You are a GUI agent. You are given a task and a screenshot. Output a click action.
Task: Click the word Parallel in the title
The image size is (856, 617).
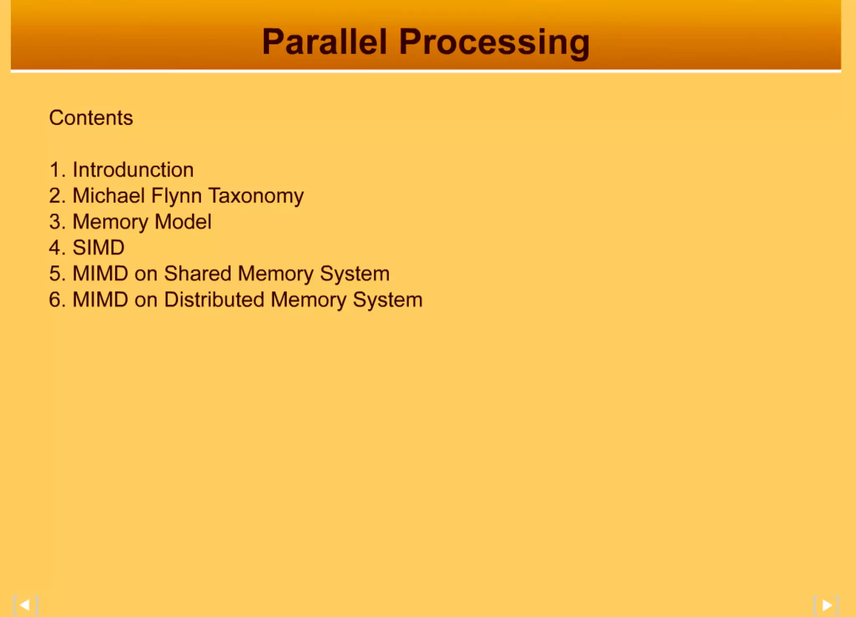[324, 42]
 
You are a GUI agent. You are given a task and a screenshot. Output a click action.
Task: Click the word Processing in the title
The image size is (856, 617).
[494, 43]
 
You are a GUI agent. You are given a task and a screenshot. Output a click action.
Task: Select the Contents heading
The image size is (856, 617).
[91, 118]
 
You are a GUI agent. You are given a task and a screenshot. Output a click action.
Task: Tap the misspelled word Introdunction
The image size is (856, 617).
[133, 170]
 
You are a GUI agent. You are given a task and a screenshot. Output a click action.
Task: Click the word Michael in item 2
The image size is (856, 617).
[109, 196]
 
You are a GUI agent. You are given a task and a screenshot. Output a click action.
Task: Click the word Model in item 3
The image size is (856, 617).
[183, 222]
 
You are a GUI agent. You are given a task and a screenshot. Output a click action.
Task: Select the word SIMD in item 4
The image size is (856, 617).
[99, 248]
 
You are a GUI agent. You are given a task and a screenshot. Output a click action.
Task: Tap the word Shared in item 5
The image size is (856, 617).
[198, 274]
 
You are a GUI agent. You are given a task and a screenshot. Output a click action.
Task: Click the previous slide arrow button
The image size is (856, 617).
[25, 605]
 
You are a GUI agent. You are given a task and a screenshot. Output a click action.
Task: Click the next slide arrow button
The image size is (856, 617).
[826, 605]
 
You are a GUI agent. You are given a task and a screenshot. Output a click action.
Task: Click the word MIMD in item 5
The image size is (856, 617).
[100, 274]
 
